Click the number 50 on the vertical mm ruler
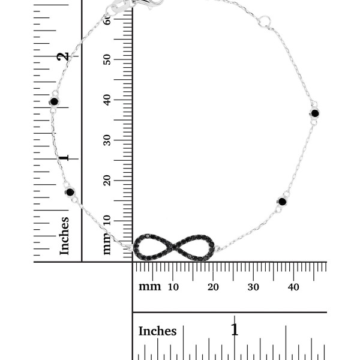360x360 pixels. point(107,59)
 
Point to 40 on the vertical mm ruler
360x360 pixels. point(107,100)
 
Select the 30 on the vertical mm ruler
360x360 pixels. point(107,140)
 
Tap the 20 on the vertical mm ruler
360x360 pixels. point(107,181)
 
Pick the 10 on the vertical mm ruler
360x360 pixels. point(107,220)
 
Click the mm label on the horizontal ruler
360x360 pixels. point(149,287)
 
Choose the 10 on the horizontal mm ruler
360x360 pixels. point(173,287)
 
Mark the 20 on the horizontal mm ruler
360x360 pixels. point(213,287)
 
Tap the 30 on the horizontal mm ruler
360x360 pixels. point(253,287)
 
